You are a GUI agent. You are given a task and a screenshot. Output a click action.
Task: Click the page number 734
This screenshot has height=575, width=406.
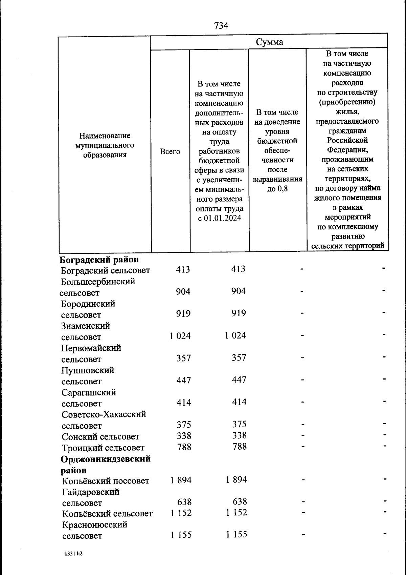point(221,25)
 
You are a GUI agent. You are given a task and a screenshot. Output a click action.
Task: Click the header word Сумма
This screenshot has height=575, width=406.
point(269,42)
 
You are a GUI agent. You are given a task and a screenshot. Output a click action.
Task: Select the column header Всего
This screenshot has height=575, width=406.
point(170,151)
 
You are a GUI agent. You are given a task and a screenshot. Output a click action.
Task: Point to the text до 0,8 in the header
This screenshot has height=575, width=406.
point(277,188)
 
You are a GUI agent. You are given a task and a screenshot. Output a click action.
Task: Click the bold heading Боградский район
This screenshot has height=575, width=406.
point(99,260)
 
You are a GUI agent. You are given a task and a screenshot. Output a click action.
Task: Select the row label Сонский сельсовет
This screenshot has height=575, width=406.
point(100,437)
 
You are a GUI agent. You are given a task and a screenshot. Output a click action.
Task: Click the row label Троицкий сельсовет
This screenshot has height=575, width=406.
point(103,448)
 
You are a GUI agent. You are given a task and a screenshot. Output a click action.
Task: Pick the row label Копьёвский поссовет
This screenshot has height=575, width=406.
point(106,481)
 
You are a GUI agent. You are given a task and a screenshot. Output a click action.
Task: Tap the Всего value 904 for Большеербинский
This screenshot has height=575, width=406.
point(183,291)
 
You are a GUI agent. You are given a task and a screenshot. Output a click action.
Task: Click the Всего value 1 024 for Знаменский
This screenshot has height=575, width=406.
point(180,336)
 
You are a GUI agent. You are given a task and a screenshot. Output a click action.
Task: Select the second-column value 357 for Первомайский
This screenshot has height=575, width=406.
point(239,357)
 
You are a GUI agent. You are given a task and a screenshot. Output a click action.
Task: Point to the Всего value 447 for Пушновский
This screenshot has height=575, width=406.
point(184,380)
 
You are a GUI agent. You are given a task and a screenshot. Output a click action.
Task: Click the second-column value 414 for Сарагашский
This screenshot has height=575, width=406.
point(239,402)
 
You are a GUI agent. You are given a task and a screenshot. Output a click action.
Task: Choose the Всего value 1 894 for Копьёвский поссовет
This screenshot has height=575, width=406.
point(181,480)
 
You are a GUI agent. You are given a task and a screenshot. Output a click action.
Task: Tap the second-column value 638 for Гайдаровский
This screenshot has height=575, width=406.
point(240,501)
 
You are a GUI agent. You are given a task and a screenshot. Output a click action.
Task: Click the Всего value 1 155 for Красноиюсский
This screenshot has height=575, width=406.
point(181,535)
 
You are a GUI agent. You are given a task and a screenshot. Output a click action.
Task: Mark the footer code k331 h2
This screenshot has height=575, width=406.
point(73,554)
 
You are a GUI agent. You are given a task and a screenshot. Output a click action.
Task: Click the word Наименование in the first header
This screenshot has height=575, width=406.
point(105,136)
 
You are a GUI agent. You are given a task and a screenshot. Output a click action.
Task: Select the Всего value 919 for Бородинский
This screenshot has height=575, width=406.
point(183,313)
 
